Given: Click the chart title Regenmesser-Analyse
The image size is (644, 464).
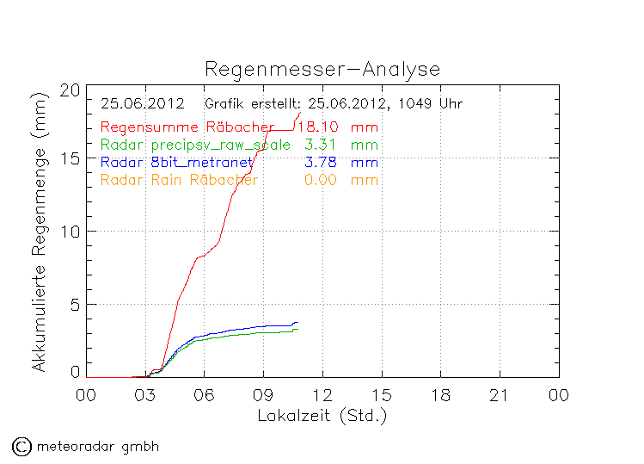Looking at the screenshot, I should click(322, 70).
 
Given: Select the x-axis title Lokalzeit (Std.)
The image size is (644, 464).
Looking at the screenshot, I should click(322, 416).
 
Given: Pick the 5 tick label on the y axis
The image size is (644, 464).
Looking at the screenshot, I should click(75, 304).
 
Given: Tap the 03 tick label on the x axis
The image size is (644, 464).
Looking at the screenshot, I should click(144, 394).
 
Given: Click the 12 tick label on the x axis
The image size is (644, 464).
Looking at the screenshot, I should click(322, 394).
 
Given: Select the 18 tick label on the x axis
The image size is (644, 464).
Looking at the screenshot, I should click(440, 394).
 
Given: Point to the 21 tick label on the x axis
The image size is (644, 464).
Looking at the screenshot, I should click(500, 394).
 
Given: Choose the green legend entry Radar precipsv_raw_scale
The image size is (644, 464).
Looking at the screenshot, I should click(195, 145).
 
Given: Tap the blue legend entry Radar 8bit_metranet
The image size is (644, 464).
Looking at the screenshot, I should click(176, 162).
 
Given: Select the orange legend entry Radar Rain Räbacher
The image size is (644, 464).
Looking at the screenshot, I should click(179, 179).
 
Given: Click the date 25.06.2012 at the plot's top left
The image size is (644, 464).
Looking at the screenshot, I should click(143, 104).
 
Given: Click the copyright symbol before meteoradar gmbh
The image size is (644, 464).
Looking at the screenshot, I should click(21, 446).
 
